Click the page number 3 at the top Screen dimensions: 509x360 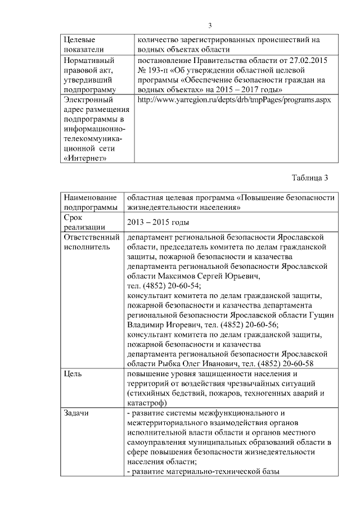click(209, 25)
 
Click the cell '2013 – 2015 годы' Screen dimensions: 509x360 click(157, 222)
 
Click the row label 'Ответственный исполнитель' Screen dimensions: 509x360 click(88, 241)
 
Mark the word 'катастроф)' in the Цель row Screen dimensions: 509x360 click(146, 403)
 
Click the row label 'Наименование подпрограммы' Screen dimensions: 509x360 click(90, 202)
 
